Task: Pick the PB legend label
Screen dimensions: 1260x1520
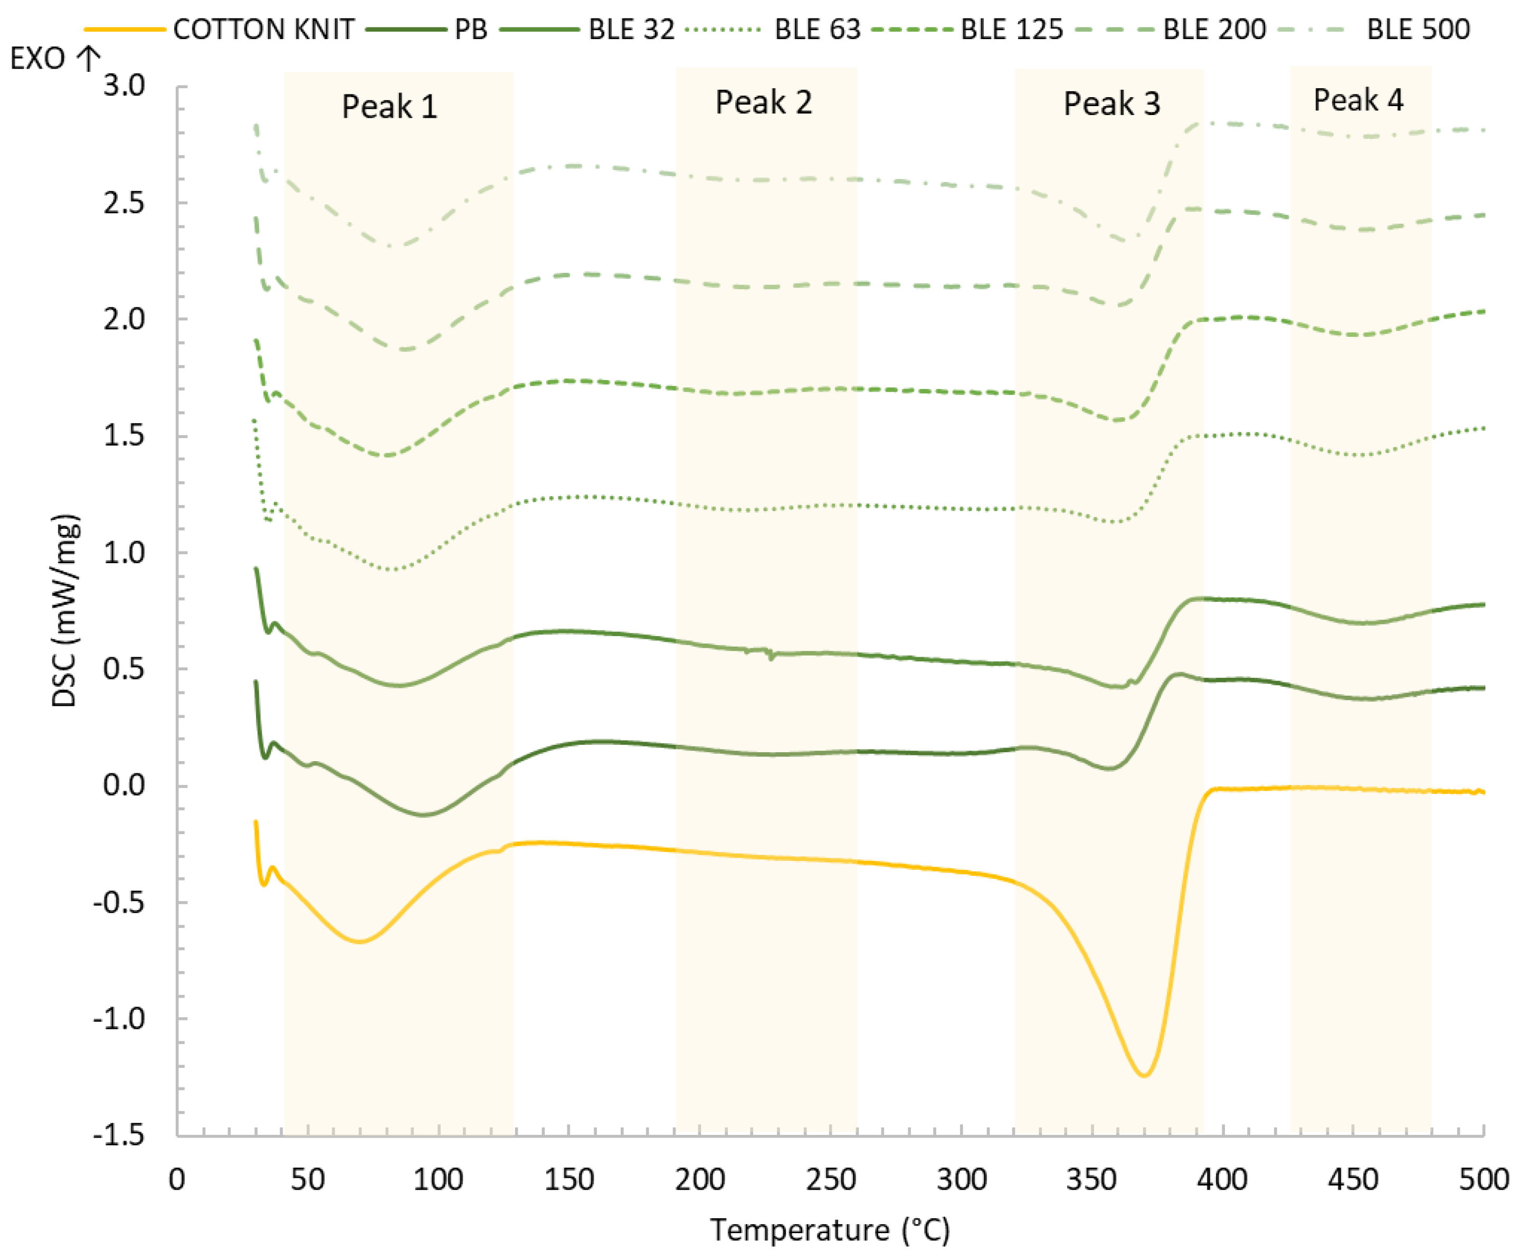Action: (470, 30)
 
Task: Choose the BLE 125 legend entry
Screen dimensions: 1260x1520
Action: (1011, 30)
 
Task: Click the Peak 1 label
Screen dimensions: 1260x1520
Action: (389, 107)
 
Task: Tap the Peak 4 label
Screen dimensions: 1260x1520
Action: (1358, 100)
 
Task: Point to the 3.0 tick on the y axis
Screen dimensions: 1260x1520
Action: (124, 86)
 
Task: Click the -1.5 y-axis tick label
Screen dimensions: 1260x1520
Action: (119, 1135)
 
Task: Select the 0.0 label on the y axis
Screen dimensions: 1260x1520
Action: (124, 785)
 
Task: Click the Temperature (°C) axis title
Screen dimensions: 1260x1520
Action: (830, 1229)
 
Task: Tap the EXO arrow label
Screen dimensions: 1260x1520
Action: (54, 58)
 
